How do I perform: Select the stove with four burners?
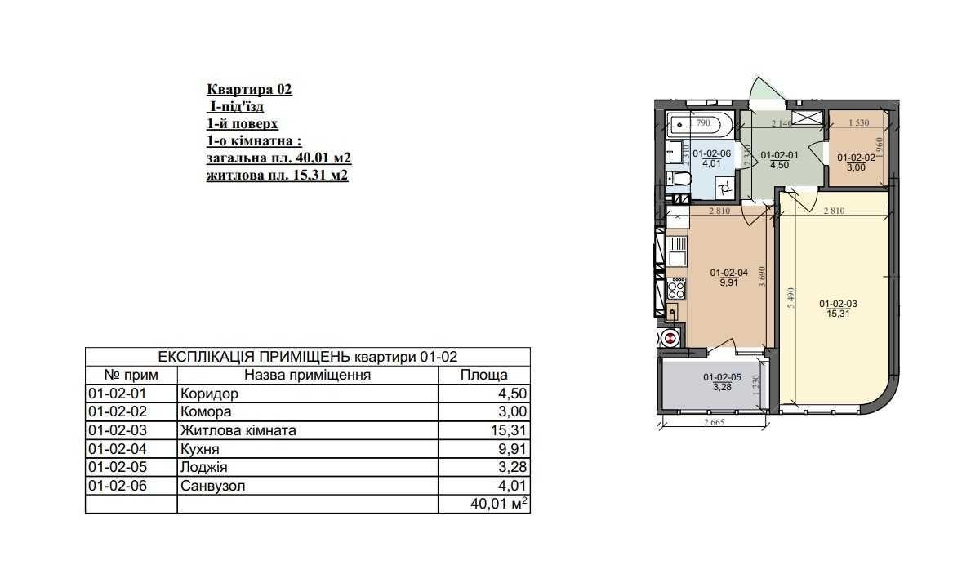(676, 289)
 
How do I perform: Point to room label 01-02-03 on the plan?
(838, 304)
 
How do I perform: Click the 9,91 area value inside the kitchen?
(728, 282)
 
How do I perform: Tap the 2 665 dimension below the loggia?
(715, 422)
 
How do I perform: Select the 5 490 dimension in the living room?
(790, 298)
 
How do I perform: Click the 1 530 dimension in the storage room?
(858, 122)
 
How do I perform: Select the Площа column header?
(483, 375)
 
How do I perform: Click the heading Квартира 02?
(249, 89)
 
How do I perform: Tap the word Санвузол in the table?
(212, 486)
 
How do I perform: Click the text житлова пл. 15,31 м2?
(277, 176)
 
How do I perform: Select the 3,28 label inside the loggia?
(722, 386)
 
